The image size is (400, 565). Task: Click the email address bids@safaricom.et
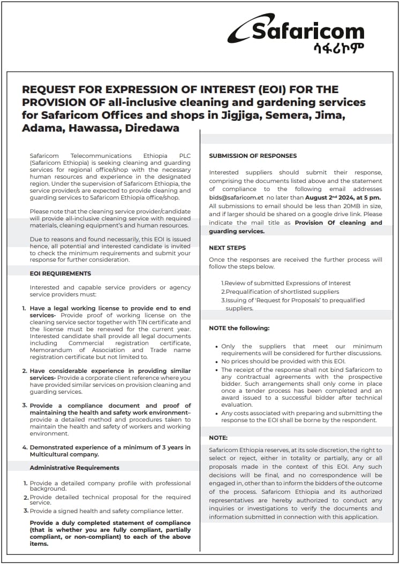click(236, 197)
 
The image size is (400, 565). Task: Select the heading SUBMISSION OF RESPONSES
click(253, 156)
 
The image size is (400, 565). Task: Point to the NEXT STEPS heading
click(228, 248)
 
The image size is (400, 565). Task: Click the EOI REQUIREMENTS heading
click(60, 273)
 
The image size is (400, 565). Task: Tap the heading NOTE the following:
click(239, 328)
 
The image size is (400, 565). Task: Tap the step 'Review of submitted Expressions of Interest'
click(286, 283)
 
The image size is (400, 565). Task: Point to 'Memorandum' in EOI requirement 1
click(53, 350)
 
